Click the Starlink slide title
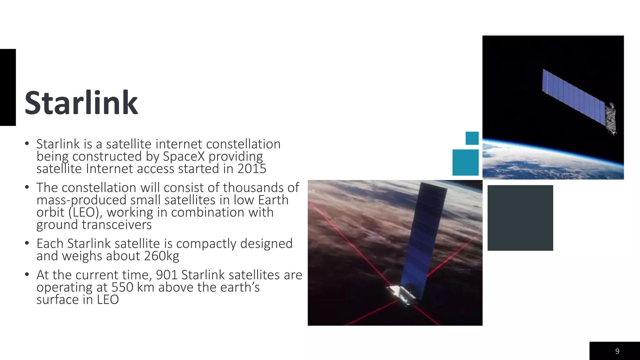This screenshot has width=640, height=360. tap(81, 103)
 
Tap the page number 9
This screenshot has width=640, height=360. tap(617, 351)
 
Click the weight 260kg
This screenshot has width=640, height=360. tap(162, 256)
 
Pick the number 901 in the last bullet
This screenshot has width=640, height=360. tap(167, 275)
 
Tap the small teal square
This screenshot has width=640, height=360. tap(472, 138)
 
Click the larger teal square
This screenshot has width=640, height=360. tap(465, 162)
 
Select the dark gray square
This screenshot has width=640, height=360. tap(520, 218)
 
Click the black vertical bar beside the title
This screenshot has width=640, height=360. tap(8, 87)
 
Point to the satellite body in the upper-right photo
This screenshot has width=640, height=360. tap(610, 119)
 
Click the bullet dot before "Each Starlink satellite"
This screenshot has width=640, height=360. tap(27, 243)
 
